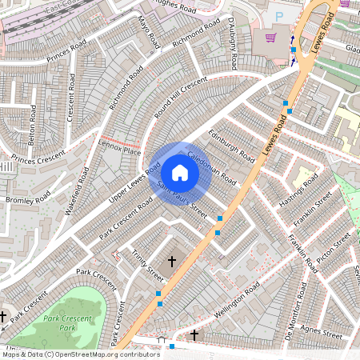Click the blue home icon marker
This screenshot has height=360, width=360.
click(x=180, y=173)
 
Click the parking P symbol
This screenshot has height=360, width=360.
click(x=279, y=15)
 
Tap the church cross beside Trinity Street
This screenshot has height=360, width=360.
click(x=171, y=262)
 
